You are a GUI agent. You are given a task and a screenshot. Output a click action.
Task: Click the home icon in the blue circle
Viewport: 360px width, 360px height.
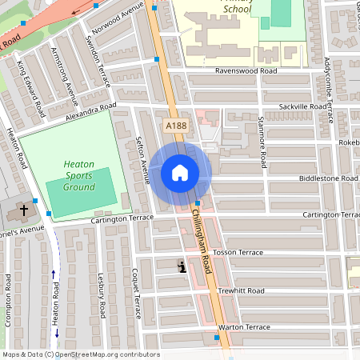point(180,173)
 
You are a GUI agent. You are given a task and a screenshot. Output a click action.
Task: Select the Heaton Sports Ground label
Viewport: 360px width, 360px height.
point(79,174)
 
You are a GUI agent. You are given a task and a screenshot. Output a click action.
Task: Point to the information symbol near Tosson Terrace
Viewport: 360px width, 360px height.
point(182,267)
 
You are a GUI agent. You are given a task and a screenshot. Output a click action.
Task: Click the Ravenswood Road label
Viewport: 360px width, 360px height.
point(246,70)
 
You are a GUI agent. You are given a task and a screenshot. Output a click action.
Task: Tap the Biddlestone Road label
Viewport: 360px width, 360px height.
point(328,178)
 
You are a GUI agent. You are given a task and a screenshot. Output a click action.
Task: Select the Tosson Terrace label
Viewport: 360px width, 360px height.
point(238,252)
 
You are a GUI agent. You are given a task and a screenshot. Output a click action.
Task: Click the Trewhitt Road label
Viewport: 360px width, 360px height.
point(240,291)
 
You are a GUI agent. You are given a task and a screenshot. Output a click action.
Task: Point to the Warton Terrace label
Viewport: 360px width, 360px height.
point(245,327)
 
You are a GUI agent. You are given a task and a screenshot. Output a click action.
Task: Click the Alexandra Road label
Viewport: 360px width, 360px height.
point(92,110)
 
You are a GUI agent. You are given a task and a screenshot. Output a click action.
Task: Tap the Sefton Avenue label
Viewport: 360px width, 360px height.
point(143,159)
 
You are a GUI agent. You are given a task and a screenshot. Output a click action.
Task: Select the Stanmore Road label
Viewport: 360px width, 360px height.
point(262,133)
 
